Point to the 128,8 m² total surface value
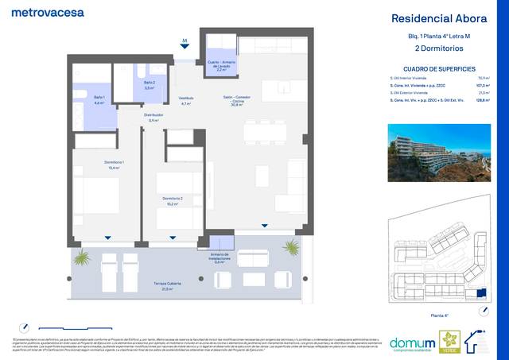[481, 100]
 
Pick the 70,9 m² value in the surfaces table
[482, 78]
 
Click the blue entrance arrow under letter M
[185, 48]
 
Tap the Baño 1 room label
[99, 100]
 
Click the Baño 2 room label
[149, 85]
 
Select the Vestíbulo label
[186, 101]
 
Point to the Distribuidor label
[153, 117]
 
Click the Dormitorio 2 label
[173, 200]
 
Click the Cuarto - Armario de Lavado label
[220, 64]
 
